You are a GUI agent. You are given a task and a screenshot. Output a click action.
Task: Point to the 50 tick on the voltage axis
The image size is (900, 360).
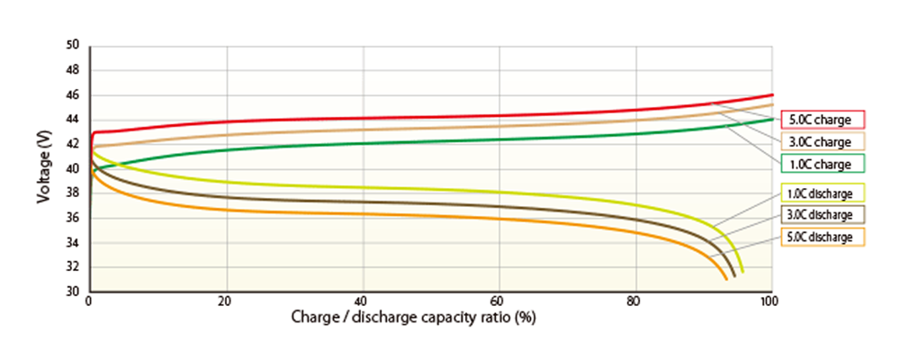tap(74, 46)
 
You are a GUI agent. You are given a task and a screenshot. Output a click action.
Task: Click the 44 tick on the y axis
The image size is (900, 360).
tap(74, 120)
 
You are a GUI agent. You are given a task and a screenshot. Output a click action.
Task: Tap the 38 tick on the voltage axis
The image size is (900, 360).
tap(74, 193)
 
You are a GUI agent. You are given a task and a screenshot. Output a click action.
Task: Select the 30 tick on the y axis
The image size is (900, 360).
tap(74, 292)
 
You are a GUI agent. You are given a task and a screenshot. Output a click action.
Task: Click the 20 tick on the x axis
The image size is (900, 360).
tap(225, 302)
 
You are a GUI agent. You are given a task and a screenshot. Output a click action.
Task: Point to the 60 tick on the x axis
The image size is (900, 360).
tap(499, 302)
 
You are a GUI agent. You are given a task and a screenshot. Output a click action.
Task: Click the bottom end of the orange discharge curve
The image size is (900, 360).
tap(727, 280)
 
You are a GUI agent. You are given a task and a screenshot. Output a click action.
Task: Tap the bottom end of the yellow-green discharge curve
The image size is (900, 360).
tap(742, 272)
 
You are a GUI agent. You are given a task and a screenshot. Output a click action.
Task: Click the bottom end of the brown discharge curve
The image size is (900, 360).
tap(735, 276)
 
